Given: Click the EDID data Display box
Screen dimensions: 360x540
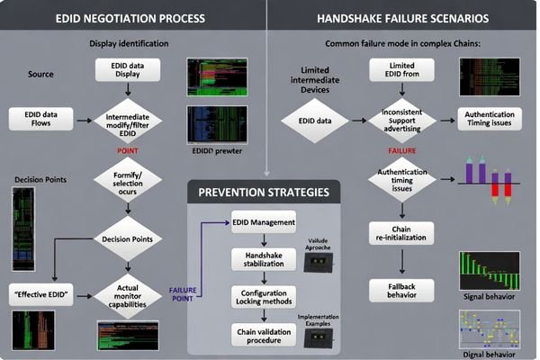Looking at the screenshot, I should pos(127,70).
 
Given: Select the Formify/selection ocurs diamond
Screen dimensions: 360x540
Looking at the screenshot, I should pos(127,180).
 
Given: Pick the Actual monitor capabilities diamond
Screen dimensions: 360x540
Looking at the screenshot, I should pos(127,294).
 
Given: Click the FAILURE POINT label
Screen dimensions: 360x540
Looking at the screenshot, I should pos(184,294).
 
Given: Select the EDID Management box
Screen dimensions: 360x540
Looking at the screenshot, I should pos(263,223).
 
